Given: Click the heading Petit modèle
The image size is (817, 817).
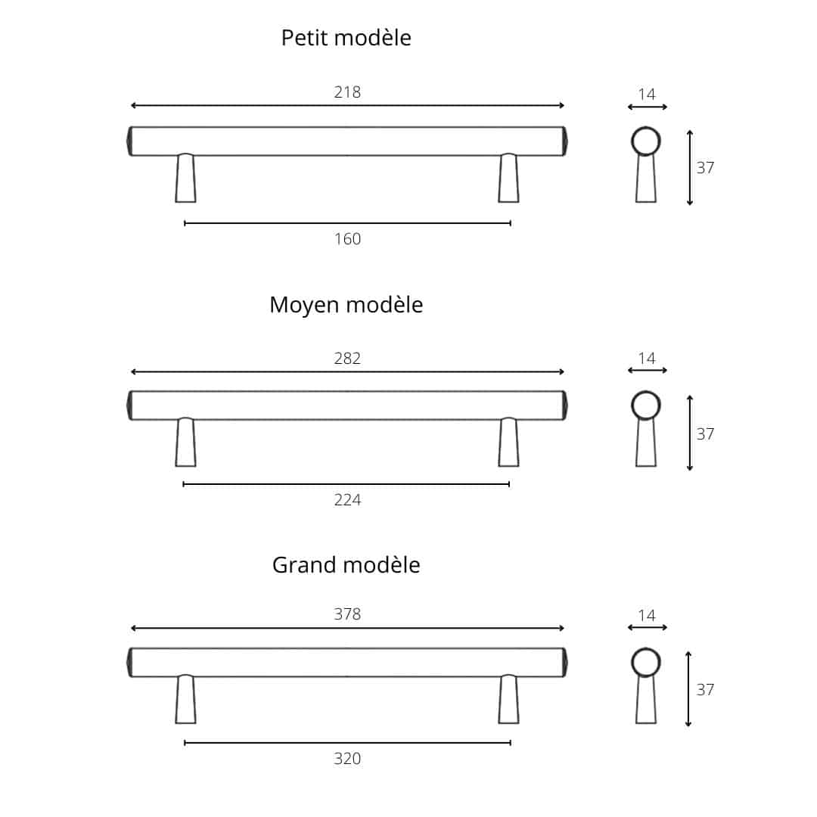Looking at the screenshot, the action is click(x=346, y=38).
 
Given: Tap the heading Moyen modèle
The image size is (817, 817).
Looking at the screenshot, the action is click(x=346, y=306).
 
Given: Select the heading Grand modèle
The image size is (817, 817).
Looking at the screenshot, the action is click(x=346, y=565).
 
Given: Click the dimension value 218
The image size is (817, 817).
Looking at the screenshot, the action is click(x=347, y=92).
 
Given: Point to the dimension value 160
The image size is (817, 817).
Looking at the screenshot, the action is click(x=347, y=239).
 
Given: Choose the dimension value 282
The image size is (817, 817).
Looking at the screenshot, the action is click(x=347, y=359).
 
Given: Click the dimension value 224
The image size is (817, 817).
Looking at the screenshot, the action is click(x=347, y=500).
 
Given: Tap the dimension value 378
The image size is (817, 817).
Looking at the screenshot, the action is click(x=347, y=614).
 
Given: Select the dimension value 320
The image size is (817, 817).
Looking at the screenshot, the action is click(x=347, y=759).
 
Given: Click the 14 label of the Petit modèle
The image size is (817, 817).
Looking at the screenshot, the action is click(x=647, y=95).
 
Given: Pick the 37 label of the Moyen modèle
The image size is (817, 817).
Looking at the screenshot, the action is click(x=705, y=434).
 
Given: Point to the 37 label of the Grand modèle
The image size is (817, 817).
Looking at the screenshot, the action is click(x=705, y=690).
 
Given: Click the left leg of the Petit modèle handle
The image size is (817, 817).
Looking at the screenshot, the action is click(x=185, y=178).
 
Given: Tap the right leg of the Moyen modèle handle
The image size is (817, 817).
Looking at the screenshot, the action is click(x=508, y=442).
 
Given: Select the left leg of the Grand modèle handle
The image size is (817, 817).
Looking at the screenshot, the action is click(x=185, y=699).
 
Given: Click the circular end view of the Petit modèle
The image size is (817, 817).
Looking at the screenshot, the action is click(x=646, y=141).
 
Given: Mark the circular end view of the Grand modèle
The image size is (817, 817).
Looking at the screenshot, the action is click(x=646, y=663).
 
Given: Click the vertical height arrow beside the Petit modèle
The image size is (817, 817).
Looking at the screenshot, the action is click(x=690, y=167).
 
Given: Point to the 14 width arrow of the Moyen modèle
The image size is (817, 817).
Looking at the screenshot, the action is click(x=647, y=371).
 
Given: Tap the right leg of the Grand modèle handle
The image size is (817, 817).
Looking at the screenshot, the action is click(x=508, y=699).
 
